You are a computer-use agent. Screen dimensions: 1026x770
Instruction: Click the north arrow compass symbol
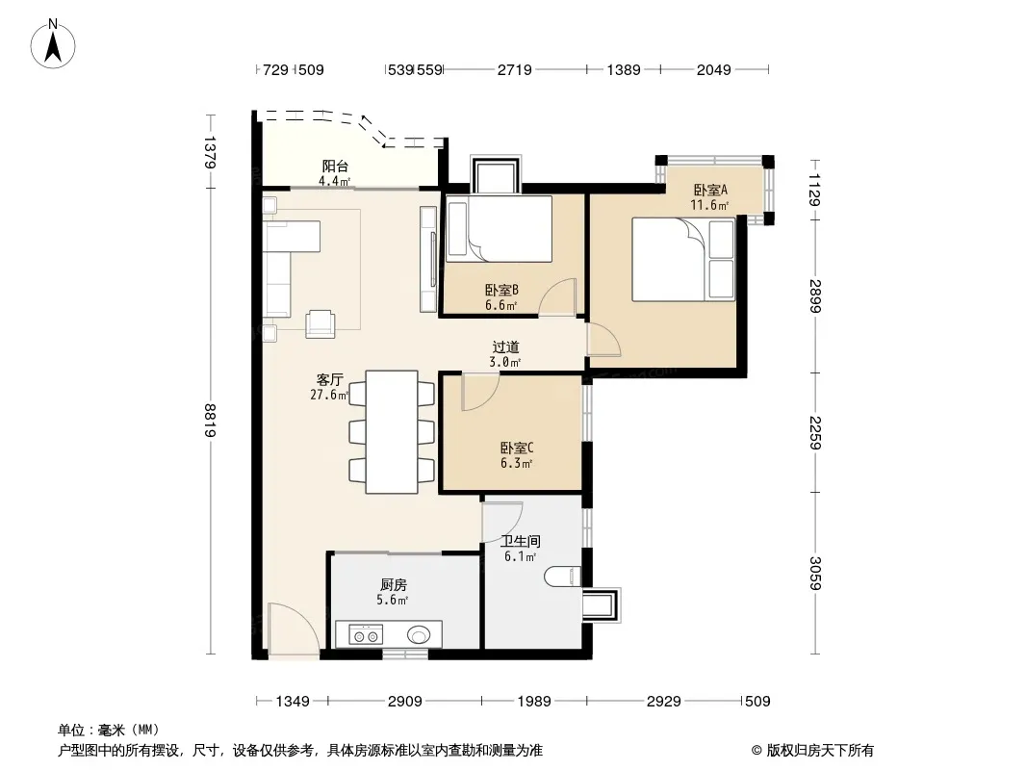point(53,43)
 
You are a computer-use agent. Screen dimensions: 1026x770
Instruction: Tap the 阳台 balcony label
point(335,167)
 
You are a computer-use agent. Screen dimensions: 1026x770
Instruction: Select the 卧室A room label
point(710,190)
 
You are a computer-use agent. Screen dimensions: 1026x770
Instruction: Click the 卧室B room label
point(501,290)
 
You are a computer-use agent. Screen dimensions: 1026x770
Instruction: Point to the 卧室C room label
point(517,449)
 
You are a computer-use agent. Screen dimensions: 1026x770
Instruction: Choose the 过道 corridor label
point(506,346)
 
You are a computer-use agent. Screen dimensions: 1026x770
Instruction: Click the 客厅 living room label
point(330,379)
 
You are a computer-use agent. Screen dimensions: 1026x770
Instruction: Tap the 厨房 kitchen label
point(394,585)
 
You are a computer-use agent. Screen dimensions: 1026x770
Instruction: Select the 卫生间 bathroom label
point(521,542)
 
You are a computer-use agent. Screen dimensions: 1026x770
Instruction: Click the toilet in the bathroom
point(563,576)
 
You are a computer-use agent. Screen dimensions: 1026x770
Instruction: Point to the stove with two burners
point(366,634)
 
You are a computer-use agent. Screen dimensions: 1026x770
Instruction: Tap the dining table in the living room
point(392,432)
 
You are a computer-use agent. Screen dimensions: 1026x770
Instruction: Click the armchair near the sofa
point(321,323)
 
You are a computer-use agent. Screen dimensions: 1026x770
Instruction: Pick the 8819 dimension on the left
point(210,421)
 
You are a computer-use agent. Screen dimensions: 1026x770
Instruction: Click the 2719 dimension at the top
point(515,69)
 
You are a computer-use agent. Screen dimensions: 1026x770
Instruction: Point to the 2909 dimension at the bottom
point(405,702)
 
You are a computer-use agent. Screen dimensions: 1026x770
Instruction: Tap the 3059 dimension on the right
point(814,573)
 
